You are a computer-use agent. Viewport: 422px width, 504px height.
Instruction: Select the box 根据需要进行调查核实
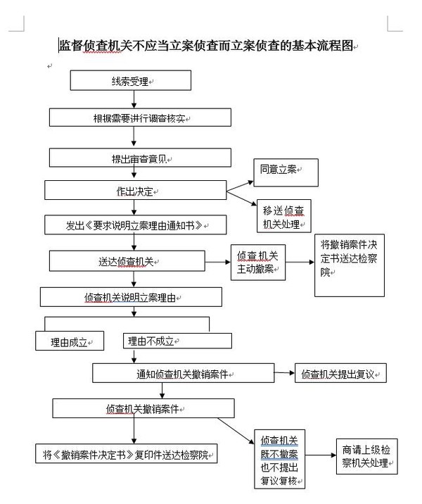point(140,117)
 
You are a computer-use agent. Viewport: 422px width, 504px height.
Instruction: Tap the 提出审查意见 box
point(140,157)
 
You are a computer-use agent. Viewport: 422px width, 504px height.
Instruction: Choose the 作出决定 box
point(135,191)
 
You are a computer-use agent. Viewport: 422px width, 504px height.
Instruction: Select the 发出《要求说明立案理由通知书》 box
point(136,225)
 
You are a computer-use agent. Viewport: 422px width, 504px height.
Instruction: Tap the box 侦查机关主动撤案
point(258,263)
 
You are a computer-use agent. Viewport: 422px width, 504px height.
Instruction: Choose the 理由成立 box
point(69,341)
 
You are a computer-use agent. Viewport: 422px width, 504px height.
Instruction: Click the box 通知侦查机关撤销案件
point(182,373)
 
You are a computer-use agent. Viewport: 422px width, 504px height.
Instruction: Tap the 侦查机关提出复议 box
point(340,374)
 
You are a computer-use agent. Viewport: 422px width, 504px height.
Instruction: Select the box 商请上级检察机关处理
point(366,456)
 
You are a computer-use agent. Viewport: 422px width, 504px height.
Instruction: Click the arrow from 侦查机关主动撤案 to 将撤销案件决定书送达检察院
point(300,263)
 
